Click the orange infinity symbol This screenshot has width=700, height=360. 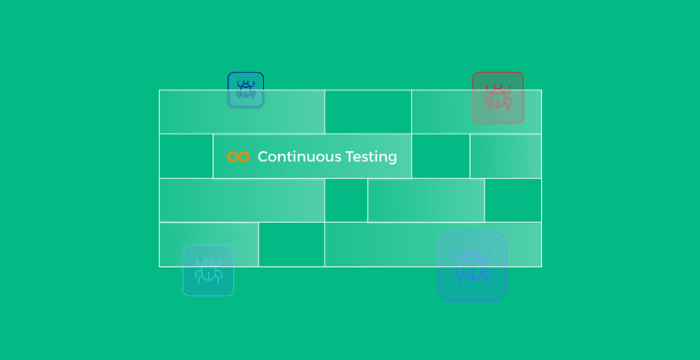(x=238, y=157)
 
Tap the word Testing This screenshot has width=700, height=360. (x=369, y=157)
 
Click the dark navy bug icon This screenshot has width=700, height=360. (x=246, y=90)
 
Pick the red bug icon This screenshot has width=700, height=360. (x=498, y=98)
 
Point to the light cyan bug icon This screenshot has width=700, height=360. (x=208, y=270)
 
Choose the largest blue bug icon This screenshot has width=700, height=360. (x=472, y=267)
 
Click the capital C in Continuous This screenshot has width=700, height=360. (x=263, y=157)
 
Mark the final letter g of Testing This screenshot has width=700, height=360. (x=392, y=159)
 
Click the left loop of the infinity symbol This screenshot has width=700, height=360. (x=233, y=157)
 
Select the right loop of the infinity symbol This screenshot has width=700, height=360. (x=244, y=157)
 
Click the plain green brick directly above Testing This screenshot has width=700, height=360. (x=368, y=112)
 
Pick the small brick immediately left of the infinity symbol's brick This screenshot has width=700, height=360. (x=186, y=156)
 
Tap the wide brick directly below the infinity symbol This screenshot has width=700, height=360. (x=242, y=200)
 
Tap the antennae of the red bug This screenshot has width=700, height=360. (x=498, y=86)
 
